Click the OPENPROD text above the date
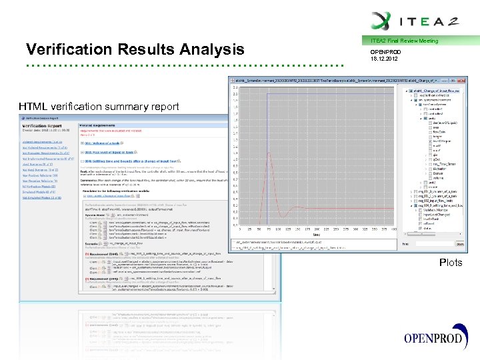click(x=387, y=51)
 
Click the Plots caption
click(x=450, y=263)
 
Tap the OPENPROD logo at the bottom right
click(x=434, y=337)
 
